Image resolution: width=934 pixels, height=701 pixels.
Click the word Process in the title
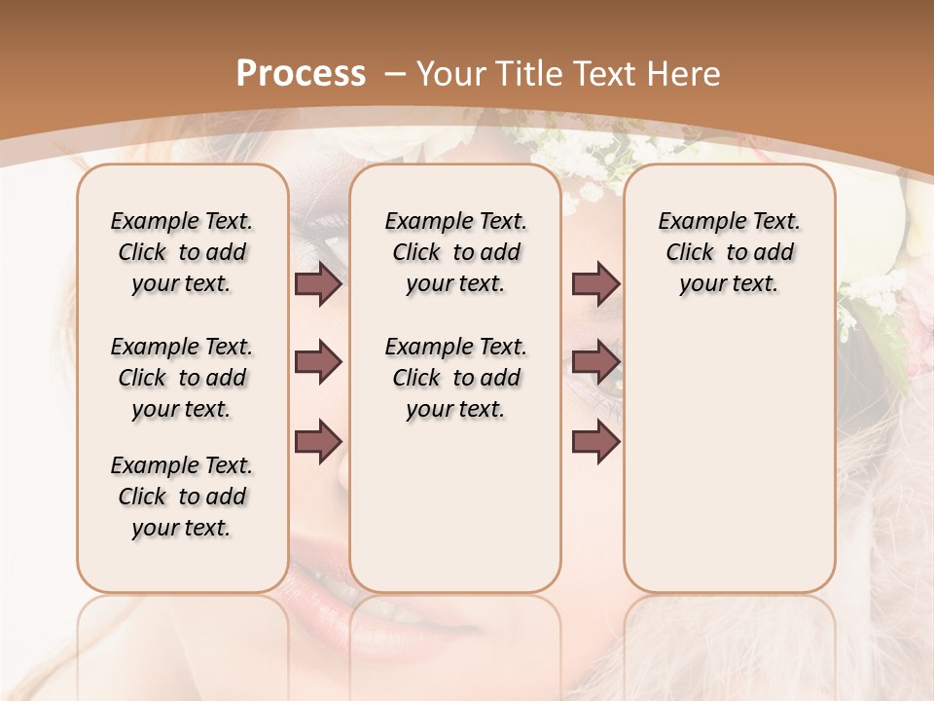click(x=301, y=73)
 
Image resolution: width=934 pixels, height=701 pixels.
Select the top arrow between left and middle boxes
click(x=318, y=284)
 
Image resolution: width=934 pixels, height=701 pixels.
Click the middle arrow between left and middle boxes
click(x=318, y=363)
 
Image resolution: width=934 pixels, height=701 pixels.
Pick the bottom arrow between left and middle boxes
click(x=318, y=441)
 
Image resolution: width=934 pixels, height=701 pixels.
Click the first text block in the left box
click(x=182, y=252)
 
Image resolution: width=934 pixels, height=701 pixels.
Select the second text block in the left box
click(x=182, y=378)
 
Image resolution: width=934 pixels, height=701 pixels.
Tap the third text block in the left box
click(x=182, y=497)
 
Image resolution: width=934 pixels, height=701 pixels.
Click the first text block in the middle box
click(x=455, y=252)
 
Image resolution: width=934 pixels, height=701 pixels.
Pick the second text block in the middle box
click(x=455, y=378)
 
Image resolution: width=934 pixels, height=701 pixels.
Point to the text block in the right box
click(x=729, y=252)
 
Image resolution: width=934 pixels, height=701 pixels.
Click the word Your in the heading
click(x=451, y=73)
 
